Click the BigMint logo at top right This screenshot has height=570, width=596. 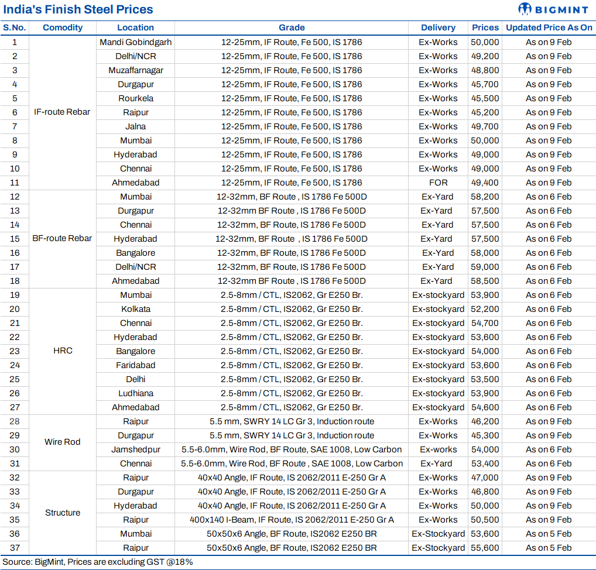[554, 9]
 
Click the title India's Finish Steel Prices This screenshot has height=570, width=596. [78, 9]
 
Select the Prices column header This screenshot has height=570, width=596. [485, 28]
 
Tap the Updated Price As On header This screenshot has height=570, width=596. [549, 28]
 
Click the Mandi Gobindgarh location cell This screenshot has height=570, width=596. [135, 42]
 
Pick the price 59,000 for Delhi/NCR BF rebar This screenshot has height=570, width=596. [485, 267]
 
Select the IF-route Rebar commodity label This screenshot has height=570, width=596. [62, 112]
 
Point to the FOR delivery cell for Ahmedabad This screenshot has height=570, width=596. [438, 183]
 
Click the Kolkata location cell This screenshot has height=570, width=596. [135, 309]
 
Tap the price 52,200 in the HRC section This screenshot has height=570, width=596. [485, 309]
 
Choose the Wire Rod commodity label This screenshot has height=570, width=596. [62, 442]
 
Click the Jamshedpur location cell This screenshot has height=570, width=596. [135, 449]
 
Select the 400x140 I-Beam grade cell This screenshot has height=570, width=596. [292, 520]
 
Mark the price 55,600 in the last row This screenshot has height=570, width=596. [485, 548]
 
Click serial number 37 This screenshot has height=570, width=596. [15, 548]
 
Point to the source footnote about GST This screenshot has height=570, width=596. [98, 562]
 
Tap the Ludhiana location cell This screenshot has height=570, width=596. [135, 393]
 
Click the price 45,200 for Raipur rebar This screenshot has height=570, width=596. [485, 112]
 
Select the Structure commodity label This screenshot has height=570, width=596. [62, 513]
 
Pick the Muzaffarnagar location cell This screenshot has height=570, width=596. [135, 70]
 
